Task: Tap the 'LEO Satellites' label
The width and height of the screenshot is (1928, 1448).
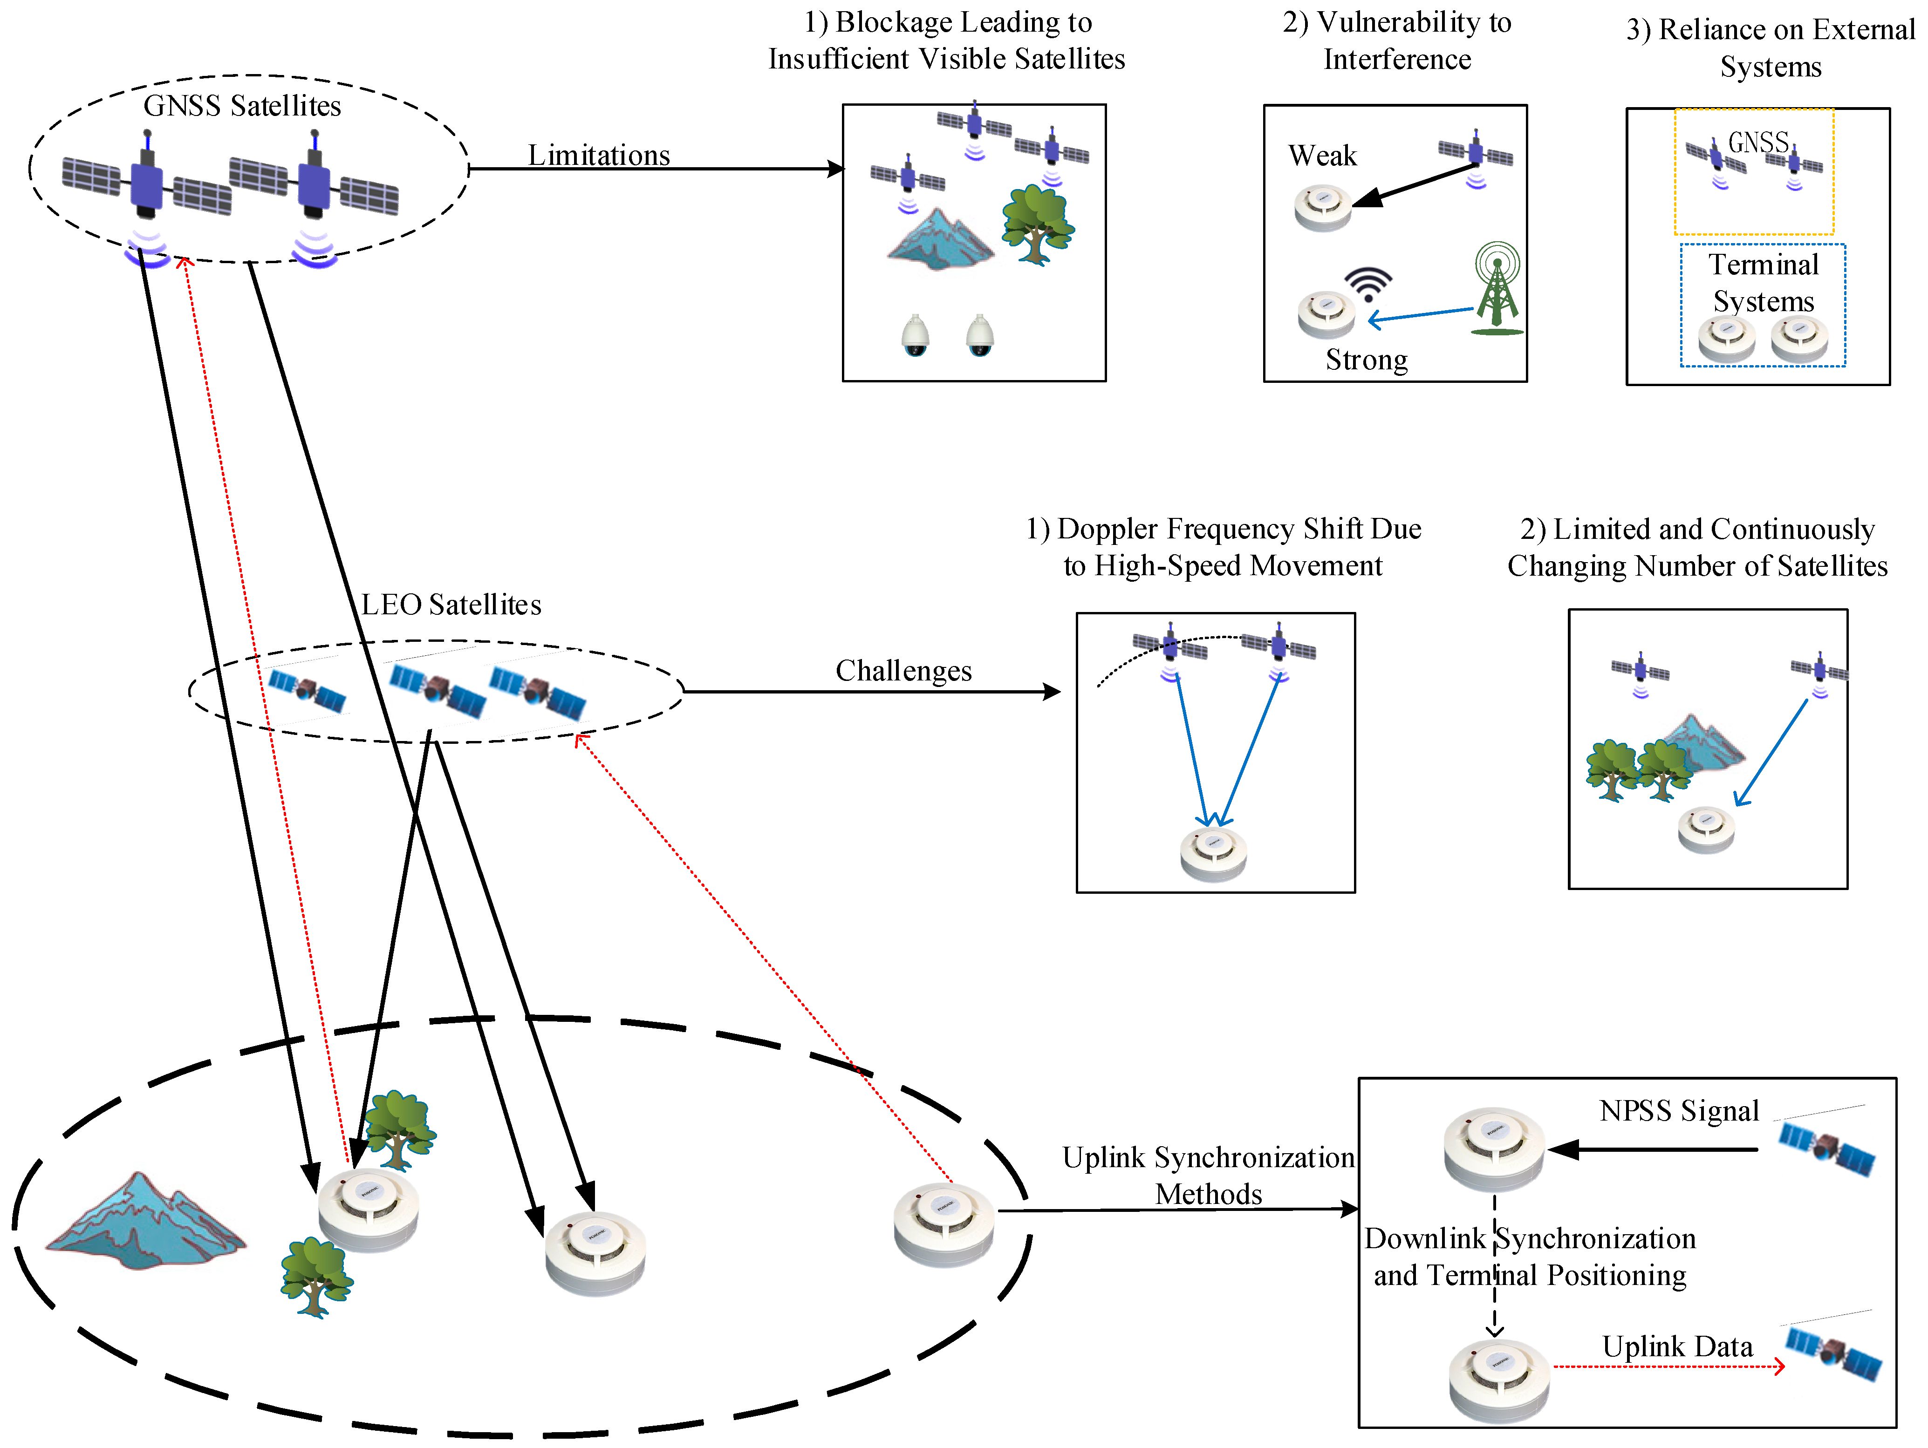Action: [451, 605]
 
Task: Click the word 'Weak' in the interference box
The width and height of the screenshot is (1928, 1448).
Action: [1322, 156]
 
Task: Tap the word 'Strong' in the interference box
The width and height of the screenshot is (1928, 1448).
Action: [1367, 360]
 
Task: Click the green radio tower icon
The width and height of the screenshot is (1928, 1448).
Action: [1497, 288]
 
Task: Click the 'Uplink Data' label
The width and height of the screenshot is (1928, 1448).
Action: [1677, 1347]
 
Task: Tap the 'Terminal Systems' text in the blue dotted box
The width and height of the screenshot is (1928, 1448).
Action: [1763, 282]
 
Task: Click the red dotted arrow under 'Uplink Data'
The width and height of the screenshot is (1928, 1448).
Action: [1669, 1366]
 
